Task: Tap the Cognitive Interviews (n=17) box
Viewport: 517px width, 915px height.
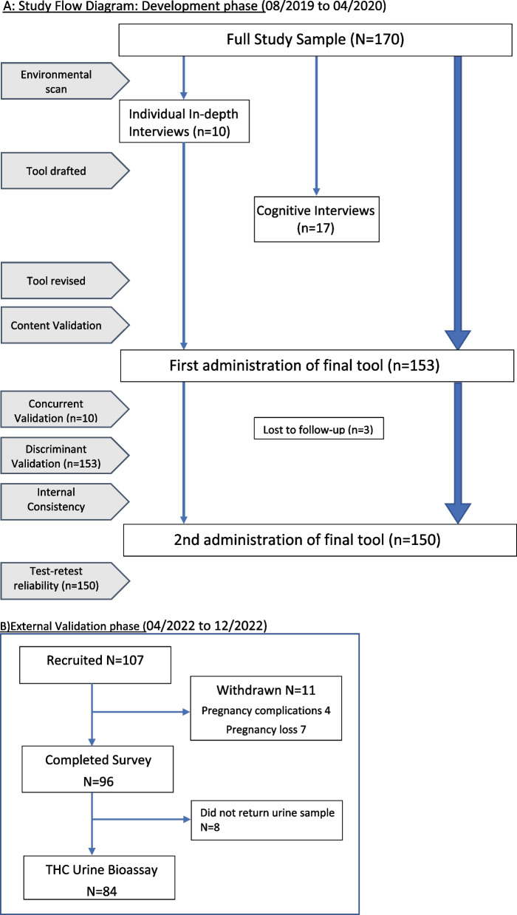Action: [x=315, y=219]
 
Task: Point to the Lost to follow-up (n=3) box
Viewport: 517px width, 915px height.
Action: [x=318, y=430]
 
